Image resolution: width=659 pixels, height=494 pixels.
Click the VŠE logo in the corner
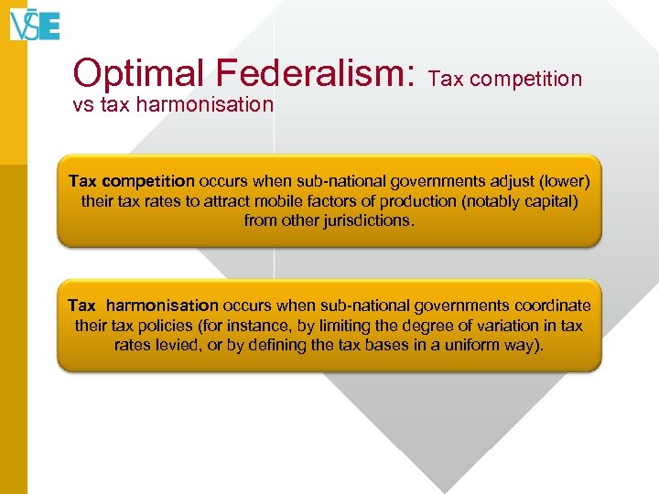(35, 24)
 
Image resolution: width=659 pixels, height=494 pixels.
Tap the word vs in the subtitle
(81, 104)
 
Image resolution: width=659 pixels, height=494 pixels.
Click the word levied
(182, 346)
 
